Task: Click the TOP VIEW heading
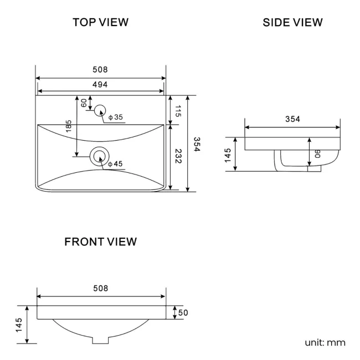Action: click(x=100, y=22)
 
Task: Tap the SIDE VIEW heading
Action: click(x=292, y=22)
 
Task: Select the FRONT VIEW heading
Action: click(x=100, y=242)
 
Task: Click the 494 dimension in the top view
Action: click(x=100, y=84)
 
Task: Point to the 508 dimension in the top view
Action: click(x=100, y=70)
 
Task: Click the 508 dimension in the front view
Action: click(x=100, y=288)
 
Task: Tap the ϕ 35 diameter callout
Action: click(x=116, y=117)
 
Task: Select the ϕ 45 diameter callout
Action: click(x=116, y=164)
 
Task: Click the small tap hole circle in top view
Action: click(x=100, y=110)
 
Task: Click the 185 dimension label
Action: click(x=69, y=126)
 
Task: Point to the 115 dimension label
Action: click(x=178, y=110)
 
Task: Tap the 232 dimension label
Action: click(x=178, y=157)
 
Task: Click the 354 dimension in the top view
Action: click(x=197, y=143)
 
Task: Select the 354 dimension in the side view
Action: click(x=292, y=119)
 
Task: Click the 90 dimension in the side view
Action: click(x=317, y=153)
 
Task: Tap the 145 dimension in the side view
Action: click(x=228, y=155)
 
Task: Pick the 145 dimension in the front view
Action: click(x=19, y=325)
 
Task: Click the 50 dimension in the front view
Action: click(x=183, y=313)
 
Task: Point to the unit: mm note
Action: click(x=325, y=342)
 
